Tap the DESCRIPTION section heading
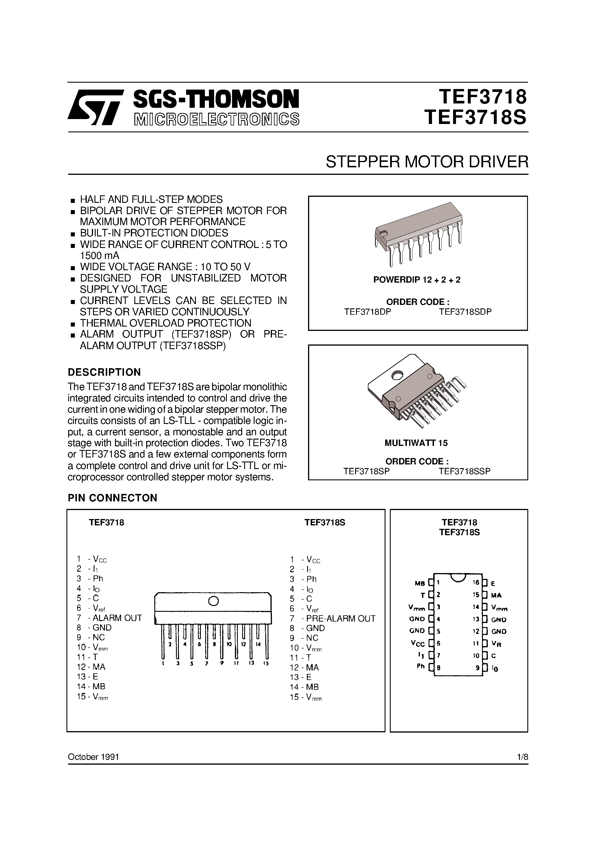(x=104, y=372)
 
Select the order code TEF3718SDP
(x=465, y=312)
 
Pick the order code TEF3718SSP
(x=464, y=471)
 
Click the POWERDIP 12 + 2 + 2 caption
(x=417, y=280)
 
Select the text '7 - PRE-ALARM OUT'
(x=332, y=618)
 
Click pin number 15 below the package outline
(x=266, y=663)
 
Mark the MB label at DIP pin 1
(x=420, y=583)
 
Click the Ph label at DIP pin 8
(x=421, y=666)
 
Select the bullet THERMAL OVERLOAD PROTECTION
(x=165, y=323)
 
